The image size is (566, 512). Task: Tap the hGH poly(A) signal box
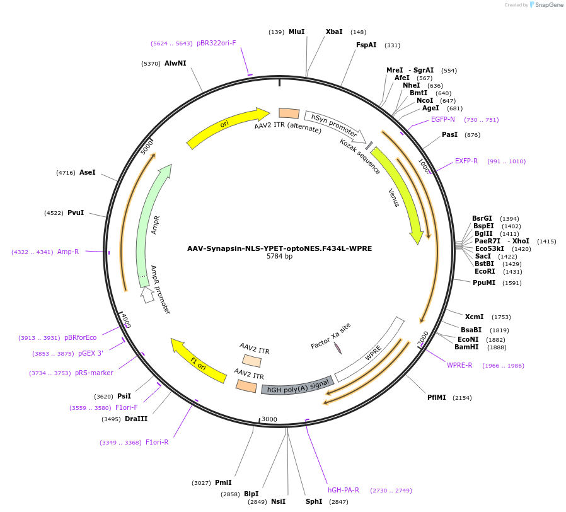tap(297, 388)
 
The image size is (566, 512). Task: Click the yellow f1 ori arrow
tap(198, 363)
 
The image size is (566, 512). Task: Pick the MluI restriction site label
tap(296, 32)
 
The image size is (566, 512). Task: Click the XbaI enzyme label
tap(334, 32)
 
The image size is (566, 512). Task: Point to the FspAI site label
tap(366, 45)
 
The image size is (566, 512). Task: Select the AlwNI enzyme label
tap(175, 63)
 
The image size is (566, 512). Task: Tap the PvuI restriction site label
tap(76, 212)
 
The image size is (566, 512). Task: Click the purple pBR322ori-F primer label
tap(216, 43)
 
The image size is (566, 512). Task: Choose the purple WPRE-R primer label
tap(459, 365)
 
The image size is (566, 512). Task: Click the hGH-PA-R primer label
tap(344, 490)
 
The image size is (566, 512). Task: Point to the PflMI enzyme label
tap(436, 397)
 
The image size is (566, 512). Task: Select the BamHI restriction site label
tap(466, 347)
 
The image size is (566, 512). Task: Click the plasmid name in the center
tap(279, 248)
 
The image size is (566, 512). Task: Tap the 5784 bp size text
tap(279, 257)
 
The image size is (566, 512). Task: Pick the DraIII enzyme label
tap(136, 419)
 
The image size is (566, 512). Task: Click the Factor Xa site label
tap(331, 337)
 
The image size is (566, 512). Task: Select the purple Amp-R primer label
tap(68, 252)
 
